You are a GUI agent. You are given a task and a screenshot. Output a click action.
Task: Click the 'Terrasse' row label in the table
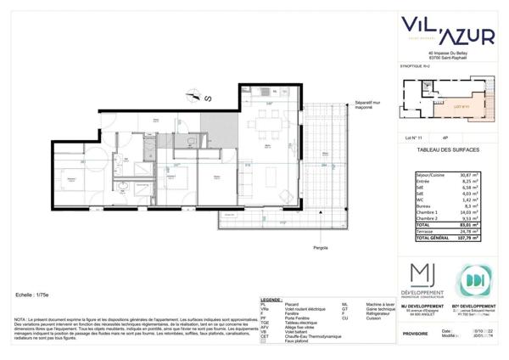[x=426, y=232]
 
